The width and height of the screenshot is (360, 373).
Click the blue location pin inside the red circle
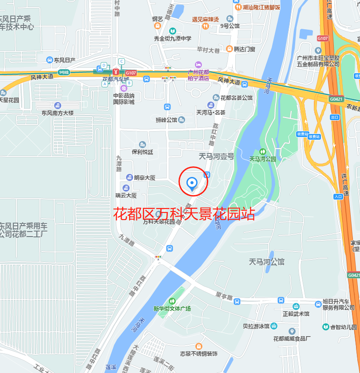pyautogui.click(x=192, y=183)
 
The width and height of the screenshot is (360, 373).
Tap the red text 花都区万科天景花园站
pyautogui.click(x=184, y=214)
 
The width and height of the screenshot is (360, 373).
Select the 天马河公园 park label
pyautogui.click(x=262, y=158)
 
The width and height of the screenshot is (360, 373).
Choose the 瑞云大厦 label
pyautogui.click(x=126, y=195)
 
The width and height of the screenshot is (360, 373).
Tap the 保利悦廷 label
pyautogui.click(x=142, y=152)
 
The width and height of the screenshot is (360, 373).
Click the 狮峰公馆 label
pyautogui.click(x=166, y=120)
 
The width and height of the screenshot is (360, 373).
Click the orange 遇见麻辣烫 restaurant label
pyautogui.click(x=205, y=20)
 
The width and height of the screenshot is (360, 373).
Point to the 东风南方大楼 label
pyautogui.click(x=57, y=113)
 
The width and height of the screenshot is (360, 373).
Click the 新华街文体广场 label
pyautogui.click(x=172, y=308)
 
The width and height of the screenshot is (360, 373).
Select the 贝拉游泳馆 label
pyautogui.click(x=256, y=326)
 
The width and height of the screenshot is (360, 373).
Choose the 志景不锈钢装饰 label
pyautogui.click(x=198, y=353)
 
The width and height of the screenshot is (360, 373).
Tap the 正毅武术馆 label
pyautogui.click(x=296, y=314)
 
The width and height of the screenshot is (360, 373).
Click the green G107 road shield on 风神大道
pyautogui.click(x=131, y=73)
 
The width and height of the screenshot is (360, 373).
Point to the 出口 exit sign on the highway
pyautogui.click(x=335, y=117)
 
